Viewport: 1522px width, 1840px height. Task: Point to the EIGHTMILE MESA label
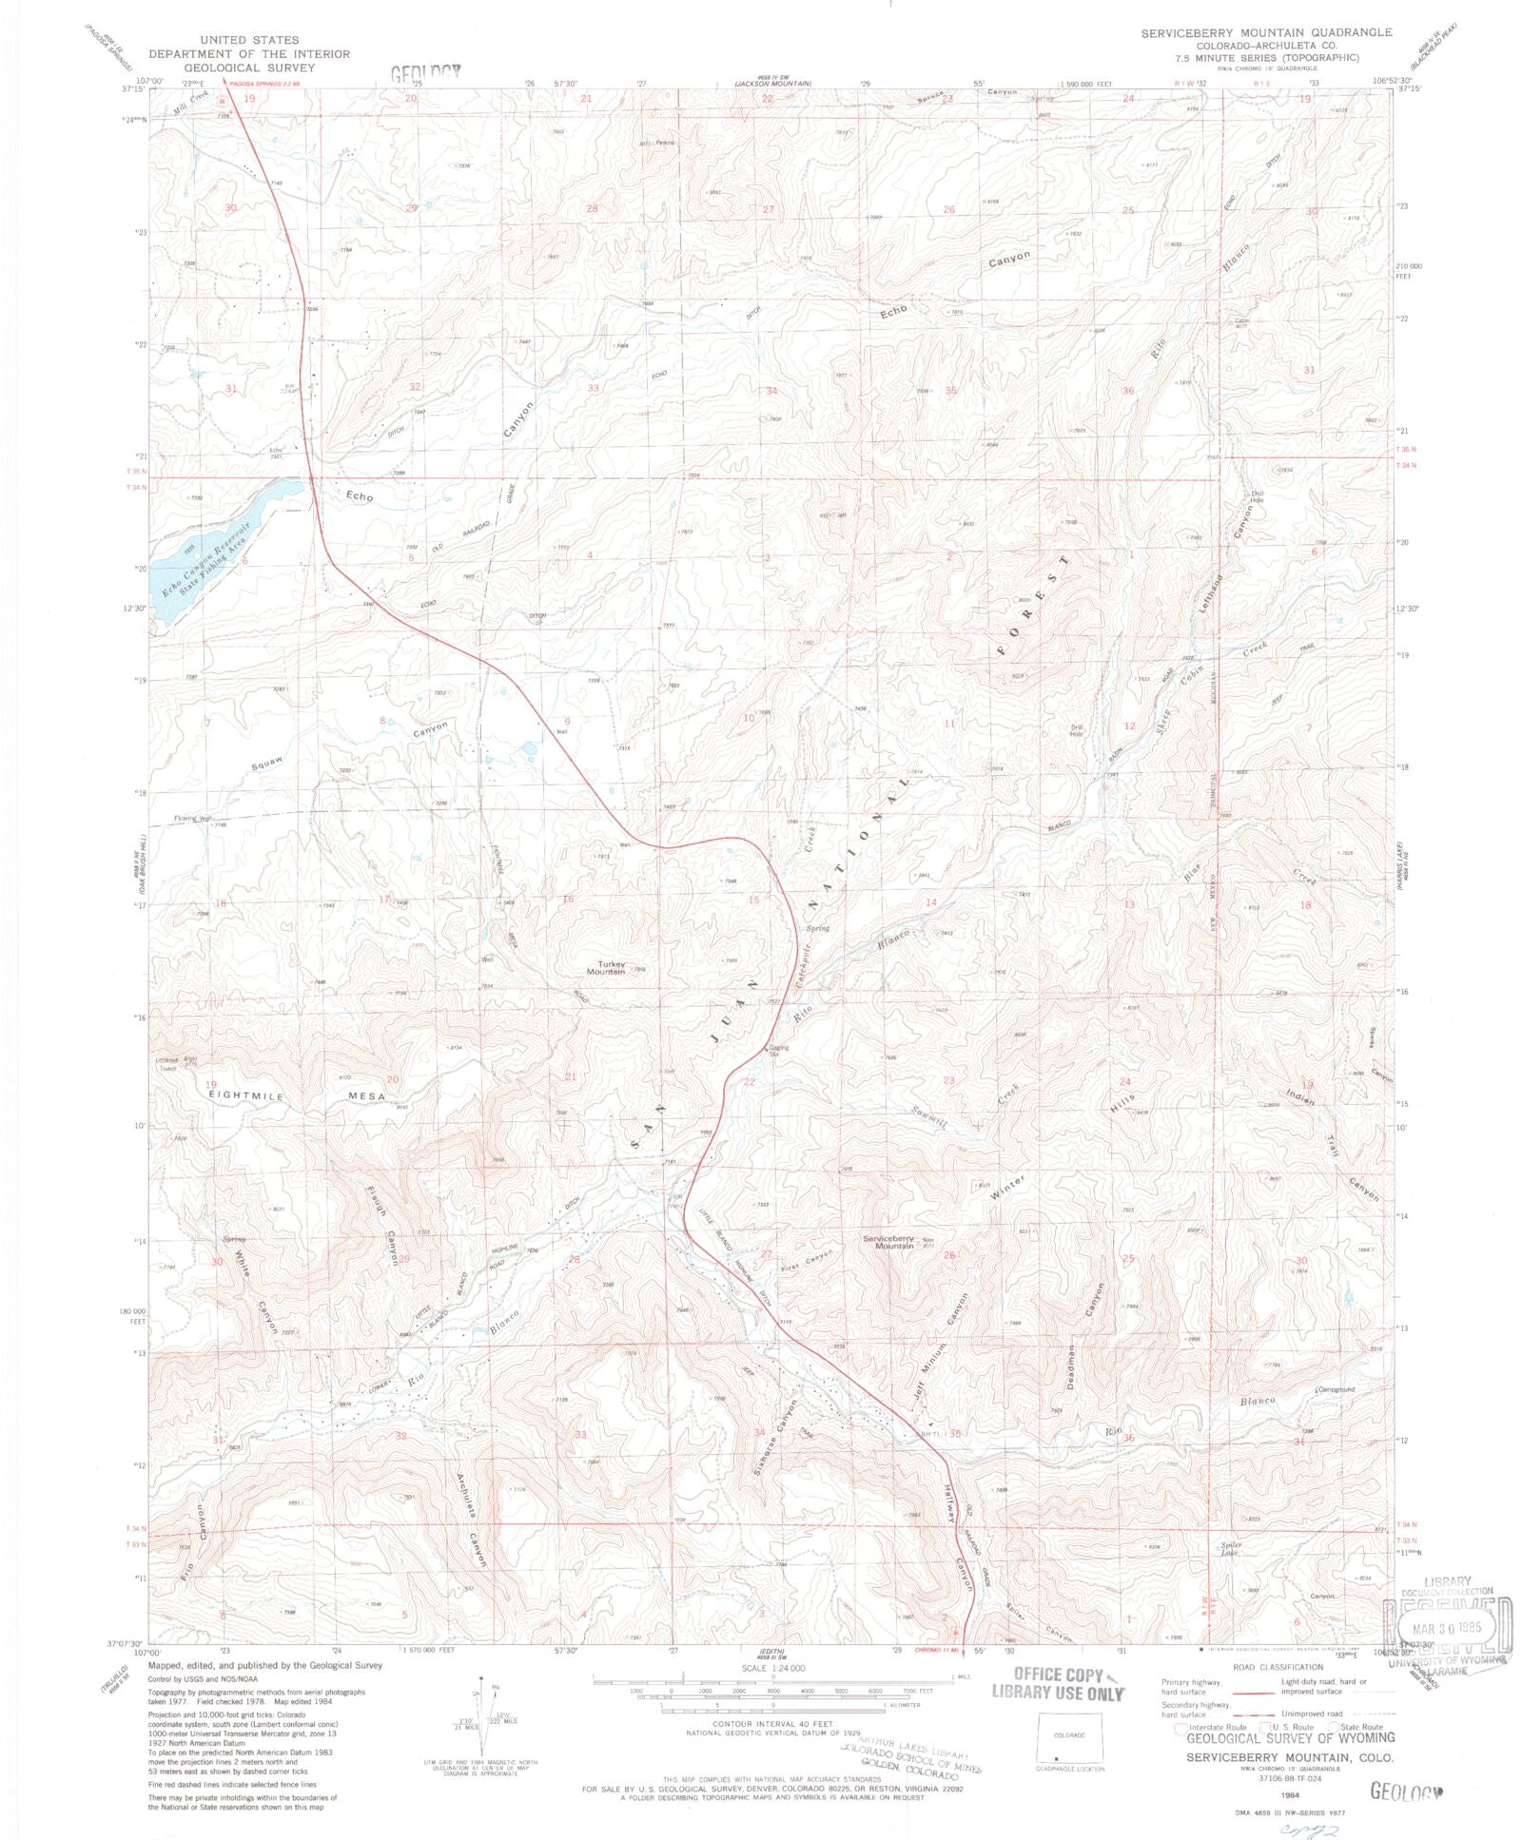coord(299,1095)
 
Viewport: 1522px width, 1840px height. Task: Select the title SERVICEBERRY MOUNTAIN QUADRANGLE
coord(1266,32)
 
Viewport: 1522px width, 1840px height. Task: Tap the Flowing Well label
coord(192,818)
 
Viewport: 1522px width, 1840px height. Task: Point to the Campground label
coord(1337,1389)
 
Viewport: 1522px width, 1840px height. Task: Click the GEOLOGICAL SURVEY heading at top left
coord(248,68)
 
